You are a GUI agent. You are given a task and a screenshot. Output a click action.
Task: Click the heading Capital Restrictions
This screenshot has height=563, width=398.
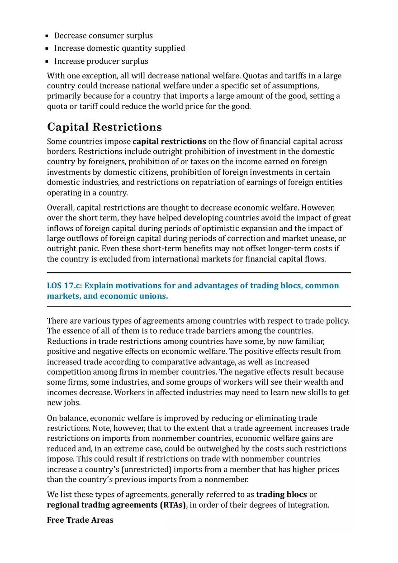[104, 127]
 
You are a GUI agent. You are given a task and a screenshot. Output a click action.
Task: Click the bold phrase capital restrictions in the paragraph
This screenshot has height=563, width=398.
[169, 141]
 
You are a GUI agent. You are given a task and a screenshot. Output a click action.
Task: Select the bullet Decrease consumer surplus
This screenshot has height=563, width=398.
[103, 35]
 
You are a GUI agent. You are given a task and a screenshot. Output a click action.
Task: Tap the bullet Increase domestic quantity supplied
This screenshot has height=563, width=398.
[119, 48]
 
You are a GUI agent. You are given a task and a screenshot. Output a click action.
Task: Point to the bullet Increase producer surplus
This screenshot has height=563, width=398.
[101, 61]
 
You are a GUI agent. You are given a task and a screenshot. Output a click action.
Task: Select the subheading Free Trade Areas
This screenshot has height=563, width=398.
[80, 520]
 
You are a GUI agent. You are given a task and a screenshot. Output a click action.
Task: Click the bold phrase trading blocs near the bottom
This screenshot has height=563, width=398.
[281, 494]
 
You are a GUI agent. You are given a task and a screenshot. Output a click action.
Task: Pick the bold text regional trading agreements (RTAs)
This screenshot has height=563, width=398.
[116, 505]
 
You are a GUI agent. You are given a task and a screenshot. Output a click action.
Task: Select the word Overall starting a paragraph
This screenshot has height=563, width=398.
[61, 208]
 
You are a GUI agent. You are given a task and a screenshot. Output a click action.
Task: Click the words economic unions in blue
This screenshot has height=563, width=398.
[137, 296]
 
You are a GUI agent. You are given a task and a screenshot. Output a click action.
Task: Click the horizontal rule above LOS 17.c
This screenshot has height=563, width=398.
[199, 272]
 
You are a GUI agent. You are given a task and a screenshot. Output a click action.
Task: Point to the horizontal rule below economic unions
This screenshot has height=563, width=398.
[199, 307]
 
